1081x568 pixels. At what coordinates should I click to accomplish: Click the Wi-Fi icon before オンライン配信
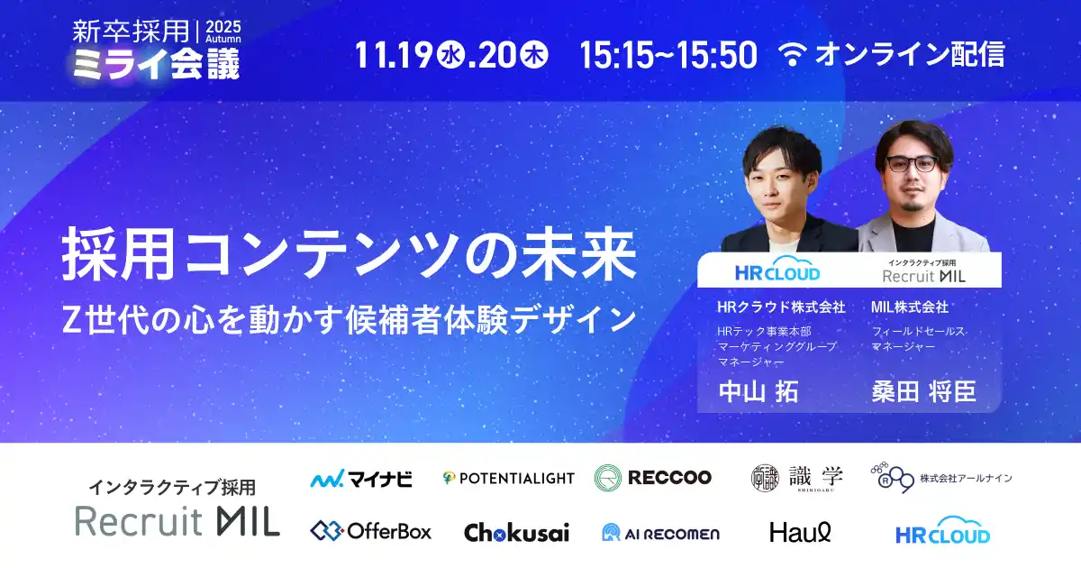794,55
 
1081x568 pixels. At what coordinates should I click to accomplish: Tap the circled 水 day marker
450,55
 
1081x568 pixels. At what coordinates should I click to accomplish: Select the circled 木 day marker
534,55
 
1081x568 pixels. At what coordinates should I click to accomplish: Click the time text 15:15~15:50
668,55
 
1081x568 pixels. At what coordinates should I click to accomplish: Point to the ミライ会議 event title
156,64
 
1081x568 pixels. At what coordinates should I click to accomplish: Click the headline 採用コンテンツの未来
350,256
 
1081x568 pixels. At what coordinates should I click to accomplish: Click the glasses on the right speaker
911,165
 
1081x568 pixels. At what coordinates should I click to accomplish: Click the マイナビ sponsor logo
361,479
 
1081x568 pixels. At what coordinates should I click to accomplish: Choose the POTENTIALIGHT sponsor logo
508,478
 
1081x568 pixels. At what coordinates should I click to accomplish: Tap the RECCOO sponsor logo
653,477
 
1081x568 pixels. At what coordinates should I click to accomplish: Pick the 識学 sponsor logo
785,478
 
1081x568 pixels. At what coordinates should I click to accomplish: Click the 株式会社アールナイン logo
941,477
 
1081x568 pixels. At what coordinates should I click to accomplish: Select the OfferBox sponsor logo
371,531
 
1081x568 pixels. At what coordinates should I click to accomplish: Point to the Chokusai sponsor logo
516,532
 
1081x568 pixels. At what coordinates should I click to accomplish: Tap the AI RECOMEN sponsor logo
660,533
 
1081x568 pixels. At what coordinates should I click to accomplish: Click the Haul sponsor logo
800,532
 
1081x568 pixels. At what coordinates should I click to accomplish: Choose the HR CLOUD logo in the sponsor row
942,531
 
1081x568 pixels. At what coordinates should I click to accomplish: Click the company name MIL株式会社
910,307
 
